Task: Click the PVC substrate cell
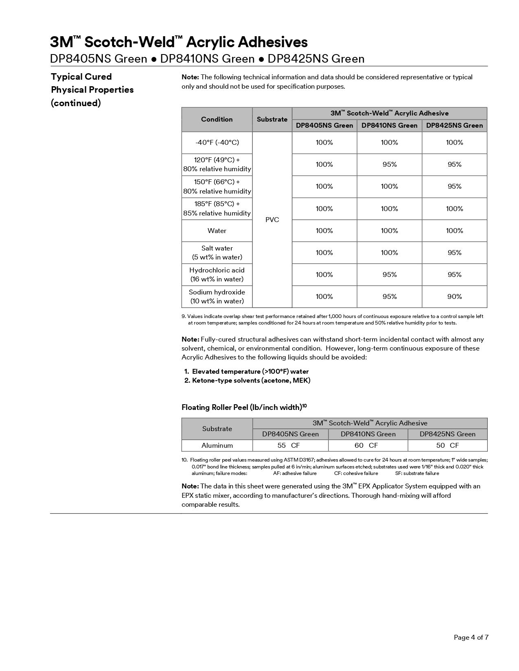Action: [272, 220]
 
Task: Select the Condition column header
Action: [217, 119]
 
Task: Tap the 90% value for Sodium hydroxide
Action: [454, 296]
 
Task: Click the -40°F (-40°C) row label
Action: [217, 142]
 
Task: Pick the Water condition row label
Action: [217, 231]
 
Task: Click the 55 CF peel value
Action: [289, 445]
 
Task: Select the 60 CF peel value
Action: [366, 445]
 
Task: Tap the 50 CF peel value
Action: [447, 445]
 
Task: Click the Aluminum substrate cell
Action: [217, 445]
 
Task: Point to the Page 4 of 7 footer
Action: [471, 637]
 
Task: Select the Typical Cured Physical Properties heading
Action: [92, 89]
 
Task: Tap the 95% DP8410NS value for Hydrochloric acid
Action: [389, 274]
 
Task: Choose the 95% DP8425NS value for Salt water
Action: [454, 253]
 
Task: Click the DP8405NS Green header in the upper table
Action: [324, 125]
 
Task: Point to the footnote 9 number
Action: [184, 316]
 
